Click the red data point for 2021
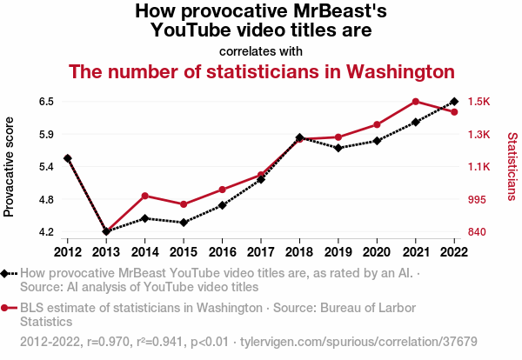tap(416, 102)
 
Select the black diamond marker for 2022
tap(454, 102)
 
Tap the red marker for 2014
tap(145, 196)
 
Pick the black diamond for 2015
tap(184, 223)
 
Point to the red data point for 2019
tap(338, 137)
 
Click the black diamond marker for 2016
tap(223, 205)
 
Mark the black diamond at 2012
tap(68, 158)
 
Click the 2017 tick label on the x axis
tap(261, 251)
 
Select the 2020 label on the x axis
tap(377, 251)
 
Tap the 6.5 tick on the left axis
tap(46, 102)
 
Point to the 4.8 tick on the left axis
tap(46, 200)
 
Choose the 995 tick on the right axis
tap(477, 200)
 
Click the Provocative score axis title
tap(10, 167)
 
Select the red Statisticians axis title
tap(512, 167)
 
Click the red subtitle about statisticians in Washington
tap(261, 70)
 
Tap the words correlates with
tap(261, 50)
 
